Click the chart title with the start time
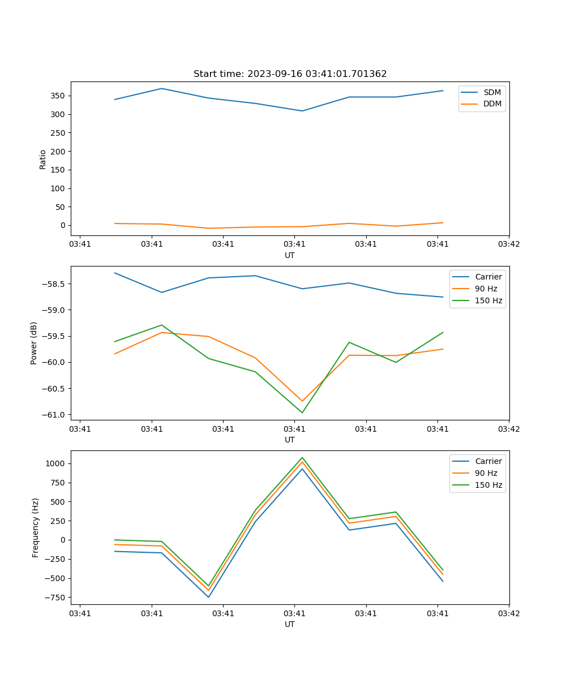pyautogui.click(x=290, y=74)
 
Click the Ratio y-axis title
pyautogui.click(x=43, y=159)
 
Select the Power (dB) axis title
pyautogui.click(x=34, y=343)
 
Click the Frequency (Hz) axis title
pyautogui.click(x=36, y=527)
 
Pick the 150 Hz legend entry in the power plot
pyautogui.click(x=488, y=300)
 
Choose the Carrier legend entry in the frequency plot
pyautogui.click(x=488, y=461)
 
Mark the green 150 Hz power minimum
pyautogui.click(x=302, y=412)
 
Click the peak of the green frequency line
pyautogui.click(x=302, y=458)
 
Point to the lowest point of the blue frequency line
pyautogui.click(x=208, y=597)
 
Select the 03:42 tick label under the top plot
pyautogui.click(x=509, y=244)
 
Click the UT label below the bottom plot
pyautogui.click(x=290, y=624)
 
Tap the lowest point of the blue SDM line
pyautogui.click(x=302, y=111)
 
